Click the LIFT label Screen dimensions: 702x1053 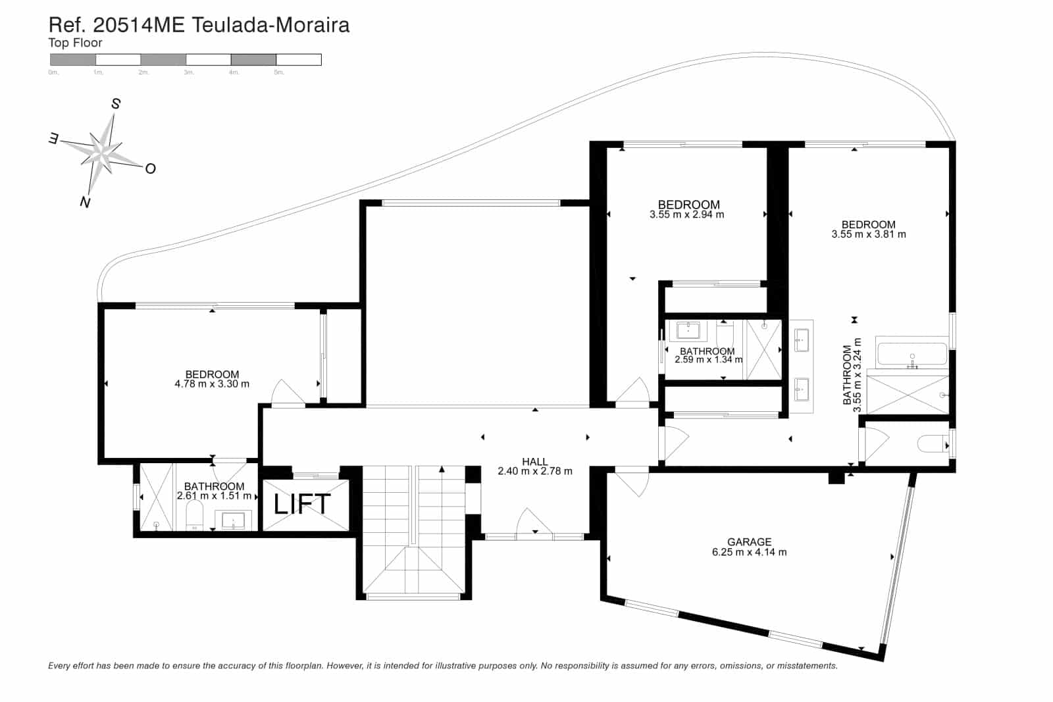pyautogui.click(x=302, y=504)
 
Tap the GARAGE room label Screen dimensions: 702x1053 pyautogui.click(x=749, y=542)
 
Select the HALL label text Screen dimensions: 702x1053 pyautogui.click(x=534, y=462)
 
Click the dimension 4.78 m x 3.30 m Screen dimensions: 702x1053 pyautogui.click(x=212, y=384)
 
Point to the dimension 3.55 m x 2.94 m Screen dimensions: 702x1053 pyautogui.click(x=686, y=214)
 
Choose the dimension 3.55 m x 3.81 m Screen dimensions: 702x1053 pyautogui.click(x=868, y=234)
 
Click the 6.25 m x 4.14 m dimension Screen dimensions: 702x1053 pyautogui.click(x=749, y=553)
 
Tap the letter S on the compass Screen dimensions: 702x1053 pyautogui.click(x=116, y=104)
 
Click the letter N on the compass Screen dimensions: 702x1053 pyautogui.click(x=85, y=202)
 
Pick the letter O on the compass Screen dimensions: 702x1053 pyautogui.click(x=150, y=169)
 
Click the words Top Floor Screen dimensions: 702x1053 pyautogui.click(x=75, y=43)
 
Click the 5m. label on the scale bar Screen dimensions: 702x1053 pyautogui.click(x=279, y=72)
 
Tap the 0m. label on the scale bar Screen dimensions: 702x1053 pyautogui.click(x=53, y=72)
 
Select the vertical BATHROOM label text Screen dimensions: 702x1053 pyautogui.click(x=848, y=375)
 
